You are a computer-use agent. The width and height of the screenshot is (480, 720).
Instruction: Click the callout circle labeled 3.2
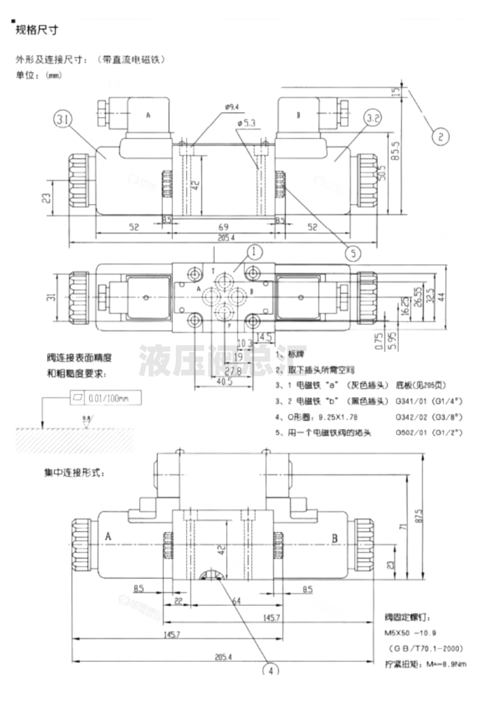(373, 118)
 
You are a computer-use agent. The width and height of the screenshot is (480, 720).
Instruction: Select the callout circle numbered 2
(440, 136)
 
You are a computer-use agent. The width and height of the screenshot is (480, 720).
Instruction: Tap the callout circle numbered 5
(353, 253)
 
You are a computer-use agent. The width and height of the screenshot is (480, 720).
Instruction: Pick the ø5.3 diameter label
(247, 123)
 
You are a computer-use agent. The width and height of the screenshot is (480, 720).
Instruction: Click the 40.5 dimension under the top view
(224, 382)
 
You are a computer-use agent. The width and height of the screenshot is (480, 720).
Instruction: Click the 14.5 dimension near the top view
(265, 337)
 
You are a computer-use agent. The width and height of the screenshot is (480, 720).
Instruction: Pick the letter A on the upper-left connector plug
(148, 115)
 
